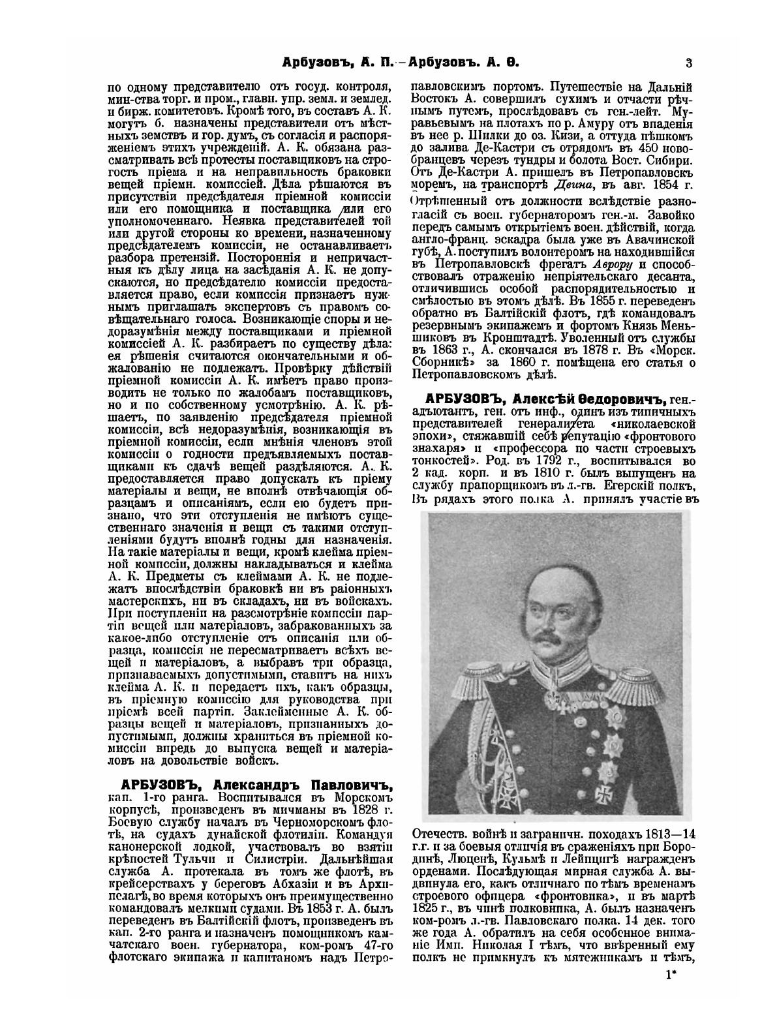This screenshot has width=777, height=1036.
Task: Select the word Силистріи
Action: pos(258,857)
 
